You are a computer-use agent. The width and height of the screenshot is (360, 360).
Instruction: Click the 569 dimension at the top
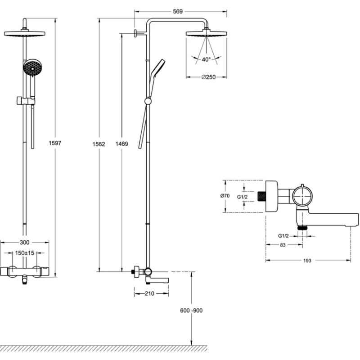click(177, 12)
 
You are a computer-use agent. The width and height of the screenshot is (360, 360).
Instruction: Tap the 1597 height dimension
click(55, 143)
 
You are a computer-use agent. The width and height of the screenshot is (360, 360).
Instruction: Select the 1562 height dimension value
click(99, 144)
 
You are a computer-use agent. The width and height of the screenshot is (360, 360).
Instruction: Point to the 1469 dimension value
click(121, 144)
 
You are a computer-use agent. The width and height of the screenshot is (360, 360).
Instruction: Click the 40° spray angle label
click(206, 59)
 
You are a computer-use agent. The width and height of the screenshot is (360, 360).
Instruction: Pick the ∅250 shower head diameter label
click(208, 77)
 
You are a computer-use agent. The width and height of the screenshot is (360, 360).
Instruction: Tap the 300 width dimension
click(24, 243)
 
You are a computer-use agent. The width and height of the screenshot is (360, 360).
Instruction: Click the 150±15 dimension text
click(25, 253)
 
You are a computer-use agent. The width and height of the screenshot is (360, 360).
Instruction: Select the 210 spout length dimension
click(149, 293)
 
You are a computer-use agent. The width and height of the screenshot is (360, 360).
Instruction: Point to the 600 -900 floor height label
click(191, 310)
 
